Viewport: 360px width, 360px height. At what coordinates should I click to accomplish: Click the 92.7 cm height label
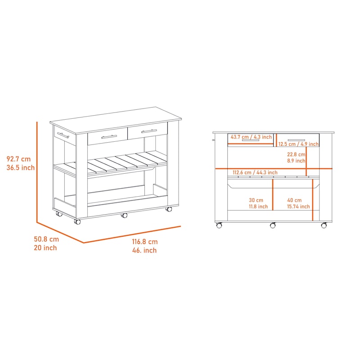[18, 159]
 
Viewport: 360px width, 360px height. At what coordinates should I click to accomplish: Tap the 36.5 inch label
[20, 167]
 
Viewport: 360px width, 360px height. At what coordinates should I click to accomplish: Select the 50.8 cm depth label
[46, 239]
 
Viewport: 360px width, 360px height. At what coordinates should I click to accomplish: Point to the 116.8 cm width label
[144, 242]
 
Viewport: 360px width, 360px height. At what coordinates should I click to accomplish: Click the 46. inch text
[144, 250]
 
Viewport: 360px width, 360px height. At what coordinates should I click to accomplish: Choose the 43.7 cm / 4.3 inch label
[251, 137]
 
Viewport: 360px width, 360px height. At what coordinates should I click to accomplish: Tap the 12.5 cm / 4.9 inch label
[298, 144]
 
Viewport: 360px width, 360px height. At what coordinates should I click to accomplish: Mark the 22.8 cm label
[296, 154]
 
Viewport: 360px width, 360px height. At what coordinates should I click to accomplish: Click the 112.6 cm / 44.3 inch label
[255, 172]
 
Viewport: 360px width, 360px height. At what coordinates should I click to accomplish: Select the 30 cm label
[256, 200]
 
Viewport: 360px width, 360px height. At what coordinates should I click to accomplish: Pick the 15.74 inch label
[298, 207]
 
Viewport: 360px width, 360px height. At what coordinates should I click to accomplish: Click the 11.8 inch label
[258, 207]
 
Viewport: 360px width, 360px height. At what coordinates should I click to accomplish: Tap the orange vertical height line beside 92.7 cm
[37, 172]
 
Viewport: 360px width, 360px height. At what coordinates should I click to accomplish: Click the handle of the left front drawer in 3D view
[109, 137]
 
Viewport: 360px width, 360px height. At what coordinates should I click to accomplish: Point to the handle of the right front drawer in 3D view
[149, 131]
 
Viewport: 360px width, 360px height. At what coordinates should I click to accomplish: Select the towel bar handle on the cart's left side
[63, 135]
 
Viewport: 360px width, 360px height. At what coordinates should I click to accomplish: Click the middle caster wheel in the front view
[273, 225]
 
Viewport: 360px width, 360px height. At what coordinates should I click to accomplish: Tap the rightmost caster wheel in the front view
[324, 225]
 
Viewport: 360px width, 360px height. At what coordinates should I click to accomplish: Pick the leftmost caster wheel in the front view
[219, 225]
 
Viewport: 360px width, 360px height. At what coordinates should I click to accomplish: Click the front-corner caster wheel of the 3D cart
[77, 222]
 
